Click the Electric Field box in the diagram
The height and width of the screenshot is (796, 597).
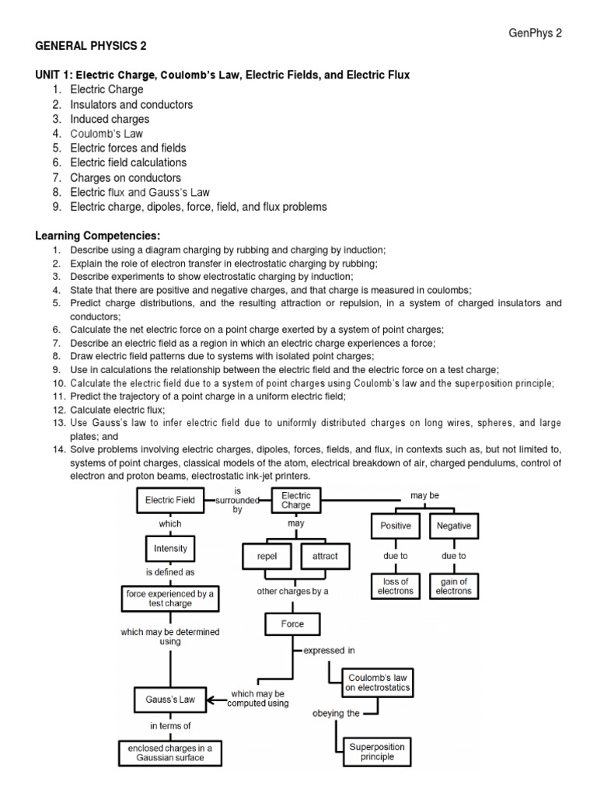coord(170,501)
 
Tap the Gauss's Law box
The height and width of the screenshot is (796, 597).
coord(170,699)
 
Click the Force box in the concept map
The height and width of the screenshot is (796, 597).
coord(293,623)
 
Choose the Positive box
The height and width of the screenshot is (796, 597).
coord(396,526)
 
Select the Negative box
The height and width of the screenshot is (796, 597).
coord(454,526)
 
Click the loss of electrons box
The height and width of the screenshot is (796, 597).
coord(396,585)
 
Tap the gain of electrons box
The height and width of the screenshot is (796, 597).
coord(454,585)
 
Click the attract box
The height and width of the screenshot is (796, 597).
coord(324,557)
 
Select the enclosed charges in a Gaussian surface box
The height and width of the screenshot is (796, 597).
coord(170,752)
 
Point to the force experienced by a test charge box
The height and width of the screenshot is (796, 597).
coord(170,598)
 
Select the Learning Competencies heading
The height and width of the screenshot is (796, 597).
coord(99,236)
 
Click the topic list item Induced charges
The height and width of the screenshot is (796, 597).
coord(110,119)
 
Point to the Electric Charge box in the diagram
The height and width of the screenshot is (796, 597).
coord(296,500)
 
